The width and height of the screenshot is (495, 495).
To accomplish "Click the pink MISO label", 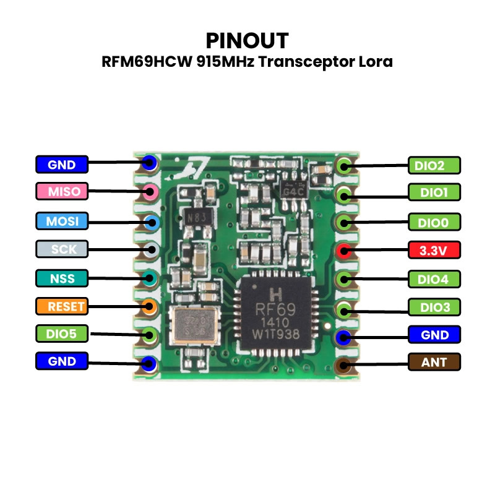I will pyautogui.click(x=62, y=191).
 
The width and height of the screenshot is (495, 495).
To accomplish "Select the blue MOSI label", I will pyautogui.click(x=62, y=220).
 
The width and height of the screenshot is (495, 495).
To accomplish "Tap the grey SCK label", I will pyautogui.click(x=62, y=249).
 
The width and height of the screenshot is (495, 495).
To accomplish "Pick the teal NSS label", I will pyautogui.click(x=62, y=278).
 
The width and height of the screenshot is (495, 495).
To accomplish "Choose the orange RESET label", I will pyautogui.click(x=62, y=306).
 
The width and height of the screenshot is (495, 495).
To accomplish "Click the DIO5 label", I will pyautogui.click(x=62, y=334).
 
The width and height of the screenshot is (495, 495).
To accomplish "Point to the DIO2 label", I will pyautogui.click(x=434, y=165).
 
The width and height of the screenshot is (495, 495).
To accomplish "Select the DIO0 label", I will pyautogui.click(x=434, y=222).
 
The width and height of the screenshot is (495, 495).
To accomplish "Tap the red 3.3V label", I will pyautogui.click(x=434, y=251).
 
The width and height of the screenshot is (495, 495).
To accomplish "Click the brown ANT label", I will pyautogui.click(x=434, y=362).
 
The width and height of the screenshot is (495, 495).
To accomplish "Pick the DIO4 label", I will pyautogui.click(x=434, y=279).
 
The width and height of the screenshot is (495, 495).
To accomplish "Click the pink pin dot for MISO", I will pyautogui.click(x=149, y=191).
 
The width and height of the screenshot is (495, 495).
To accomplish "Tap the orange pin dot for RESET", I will pyautogui.click(x=149, y=306).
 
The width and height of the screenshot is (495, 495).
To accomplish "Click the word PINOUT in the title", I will pyautogui.click(x=247, y=41).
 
